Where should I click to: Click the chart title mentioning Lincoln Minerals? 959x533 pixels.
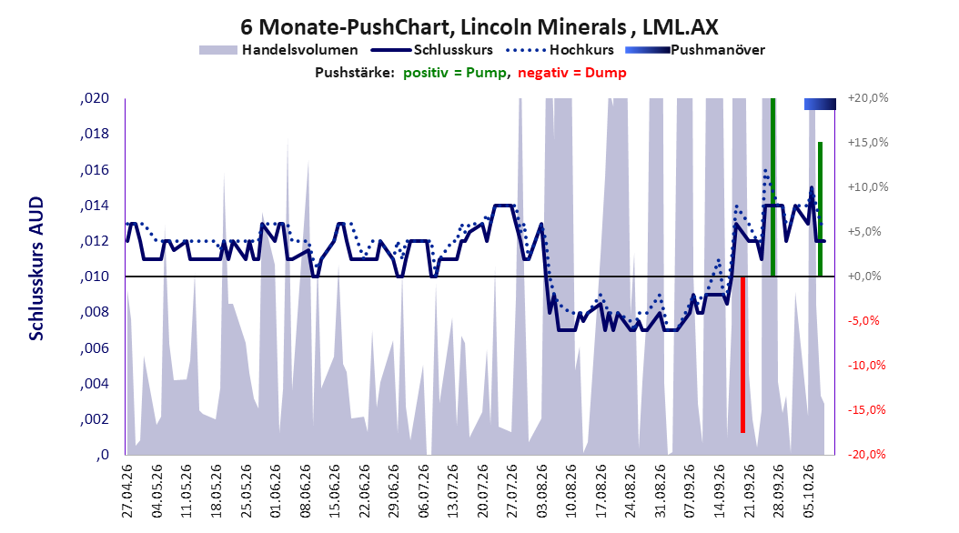(x=479, y=27)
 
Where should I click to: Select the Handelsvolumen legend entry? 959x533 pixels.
(x=279, y=50)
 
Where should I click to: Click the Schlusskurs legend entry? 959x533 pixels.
(x=432, y=50)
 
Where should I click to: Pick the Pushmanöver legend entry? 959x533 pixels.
(x=695, y=50)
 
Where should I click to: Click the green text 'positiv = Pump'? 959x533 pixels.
(x=455, y=73)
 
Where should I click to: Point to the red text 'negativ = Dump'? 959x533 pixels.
(x=572, y=73)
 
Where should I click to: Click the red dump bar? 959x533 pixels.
(x=742, y=355)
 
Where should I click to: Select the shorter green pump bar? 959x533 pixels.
(x=820, y=209)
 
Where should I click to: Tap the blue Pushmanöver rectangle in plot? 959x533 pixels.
(x=820, y=105)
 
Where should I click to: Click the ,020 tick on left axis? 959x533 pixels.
(x=95, y=98)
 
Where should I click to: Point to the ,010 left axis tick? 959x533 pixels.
(x=95, y=277)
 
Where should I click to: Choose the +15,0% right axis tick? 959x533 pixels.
(x=868, y=143)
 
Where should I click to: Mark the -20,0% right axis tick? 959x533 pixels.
(x=866, y=454)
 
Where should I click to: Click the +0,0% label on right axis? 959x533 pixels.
(x=864, y=277)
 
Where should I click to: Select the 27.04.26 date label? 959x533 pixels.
(x=127, y=491)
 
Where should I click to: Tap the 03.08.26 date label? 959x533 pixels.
(x=542, y=491)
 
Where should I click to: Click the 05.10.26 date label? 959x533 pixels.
(x=809, y=491)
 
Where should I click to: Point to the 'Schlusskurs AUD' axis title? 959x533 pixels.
(x=36, y=268)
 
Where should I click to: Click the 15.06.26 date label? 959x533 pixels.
(x=335, y=491)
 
